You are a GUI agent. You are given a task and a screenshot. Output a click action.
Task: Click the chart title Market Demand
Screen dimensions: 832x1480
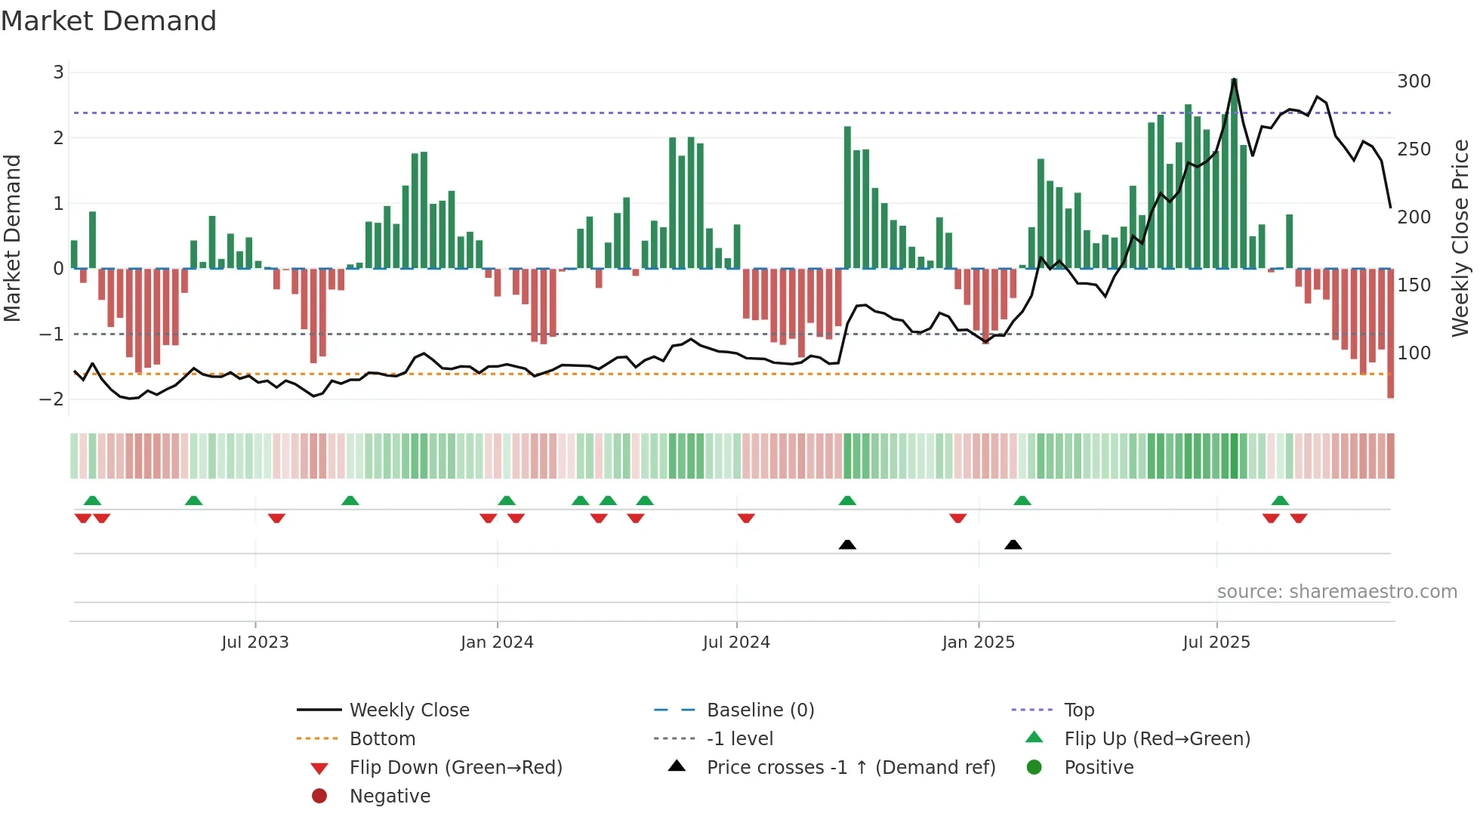(x=109, y=21)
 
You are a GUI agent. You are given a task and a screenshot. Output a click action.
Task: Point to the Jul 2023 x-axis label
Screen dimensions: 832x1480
(x=254, y=642)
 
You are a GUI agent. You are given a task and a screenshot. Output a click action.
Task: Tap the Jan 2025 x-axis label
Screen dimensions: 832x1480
(x=978, y=642)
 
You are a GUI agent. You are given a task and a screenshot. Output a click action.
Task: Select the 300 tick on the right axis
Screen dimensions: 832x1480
(x=1414, y=82)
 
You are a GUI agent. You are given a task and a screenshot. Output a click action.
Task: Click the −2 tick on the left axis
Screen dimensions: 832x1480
(x=52, y=399)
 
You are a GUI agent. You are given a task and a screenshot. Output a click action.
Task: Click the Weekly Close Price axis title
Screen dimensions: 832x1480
(x=1460, y=238)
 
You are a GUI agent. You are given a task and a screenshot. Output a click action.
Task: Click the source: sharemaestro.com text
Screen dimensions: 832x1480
(x=1337, y=592)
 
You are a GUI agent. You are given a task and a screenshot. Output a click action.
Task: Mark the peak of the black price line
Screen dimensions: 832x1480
(x=1234, y=79)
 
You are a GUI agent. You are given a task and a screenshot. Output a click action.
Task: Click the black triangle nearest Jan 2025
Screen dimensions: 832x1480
(x=1013, y=545)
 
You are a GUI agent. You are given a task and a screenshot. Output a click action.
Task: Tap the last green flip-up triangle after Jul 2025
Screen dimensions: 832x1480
(x=1280, y=501)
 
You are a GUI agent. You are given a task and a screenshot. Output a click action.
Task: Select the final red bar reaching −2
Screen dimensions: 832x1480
(x=1390, y=377)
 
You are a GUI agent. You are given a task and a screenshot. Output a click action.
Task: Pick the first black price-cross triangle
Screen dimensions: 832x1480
(x=847, y=545)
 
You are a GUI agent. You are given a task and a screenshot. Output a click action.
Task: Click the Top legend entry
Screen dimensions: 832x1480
(x=1078, y=710)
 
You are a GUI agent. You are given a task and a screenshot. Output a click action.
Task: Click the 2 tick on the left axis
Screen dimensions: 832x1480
(x=58, y=138)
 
